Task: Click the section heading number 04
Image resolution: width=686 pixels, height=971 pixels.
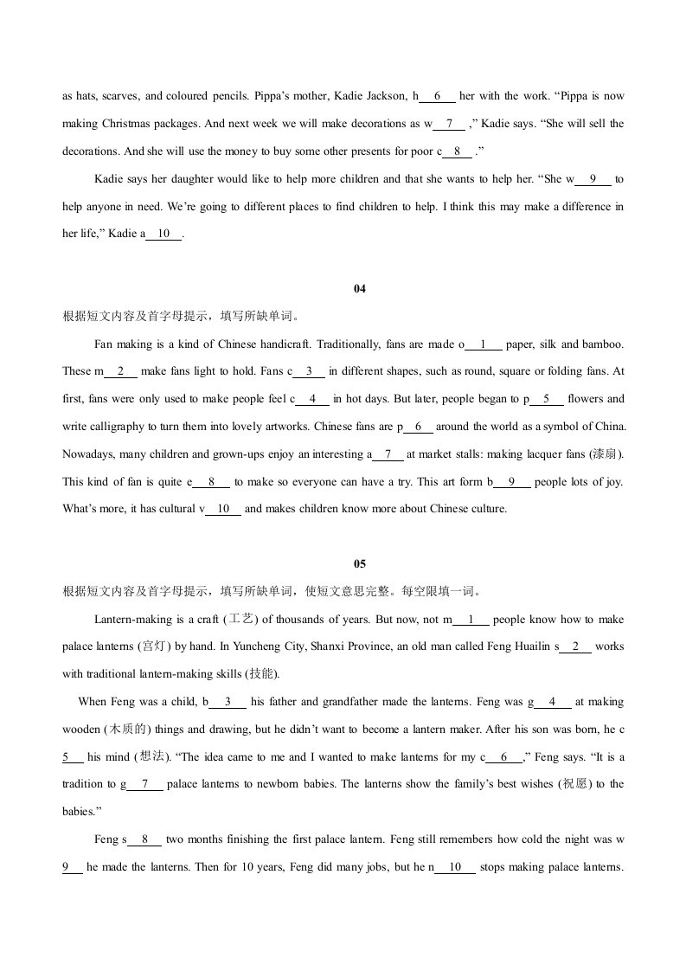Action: [x=361, y=289]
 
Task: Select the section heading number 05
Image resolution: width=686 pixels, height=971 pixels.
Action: [x=361, y=564]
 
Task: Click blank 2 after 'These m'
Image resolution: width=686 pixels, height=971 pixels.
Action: [x=121, y=372]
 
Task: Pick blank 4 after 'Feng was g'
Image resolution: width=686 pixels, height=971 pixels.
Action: [x=553, y=703]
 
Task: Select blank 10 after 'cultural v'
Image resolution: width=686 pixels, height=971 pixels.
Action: [x=223, y=510]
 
